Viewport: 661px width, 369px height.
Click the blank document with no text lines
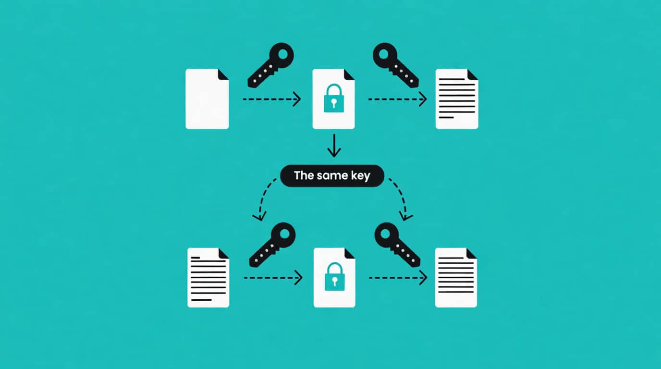tap(207, 99)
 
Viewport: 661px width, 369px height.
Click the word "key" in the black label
tap(360, 176)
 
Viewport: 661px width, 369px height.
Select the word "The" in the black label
tap(304, 175)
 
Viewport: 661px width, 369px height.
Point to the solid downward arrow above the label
tap(334, 146)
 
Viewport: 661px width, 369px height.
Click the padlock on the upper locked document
tap(334, 98)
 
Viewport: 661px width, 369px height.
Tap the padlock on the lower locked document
tap(335, 277)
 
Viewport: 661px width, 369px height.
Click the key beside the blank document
tap(270, 65)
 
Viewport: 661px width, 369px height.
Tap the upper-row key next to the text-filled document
tap(396, 65)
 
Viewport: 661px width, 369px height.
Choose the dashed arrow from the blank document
tap(272, 99)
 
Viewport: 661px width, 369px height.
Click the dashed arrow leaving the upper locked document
tap(397, 99)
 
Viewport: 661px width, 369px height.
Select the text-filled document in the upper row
tap(457, 99)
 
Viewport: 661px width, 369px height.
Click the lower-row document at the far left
tap(208, 278)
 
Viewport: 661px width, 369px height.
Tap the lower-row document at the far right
tap(456, 278)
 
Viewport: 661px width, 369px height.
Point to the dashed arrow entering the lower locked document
tap(273, 278)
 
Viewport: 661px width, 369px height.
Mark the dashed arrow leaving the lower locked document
tap(398, 278)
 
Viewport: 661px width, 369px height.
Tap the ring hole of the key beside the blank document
tap(282, 54)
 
